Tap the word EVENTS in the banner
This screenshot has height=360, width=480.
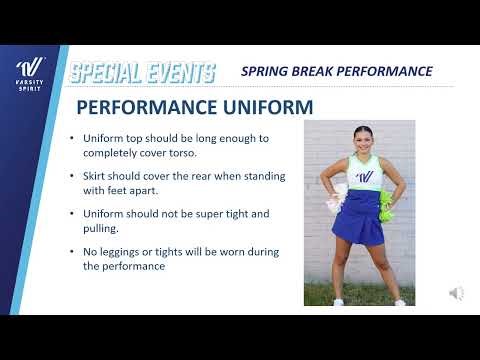pyautogui.click(x=181, y=72)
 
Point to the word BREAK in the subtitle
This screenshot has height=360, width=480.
pyautogui.click(x=314, y=71)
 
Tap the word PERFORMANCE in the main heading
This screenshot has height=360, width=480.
pyautogui.click(x=143, y=106)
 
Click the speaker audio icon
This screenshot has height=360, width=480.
pyautogui.click(x=456, y=292)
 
